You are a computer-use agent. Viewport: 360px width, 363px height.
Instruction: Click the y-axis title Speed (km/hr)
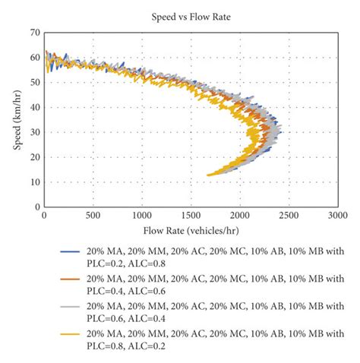click(x=17, y=118)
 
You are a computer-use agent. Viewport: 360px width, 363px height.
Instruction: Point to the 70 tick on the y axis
click(x=34, y=33)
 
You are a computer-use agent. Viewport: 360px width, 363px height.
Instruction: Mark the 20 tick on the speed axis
click(x=34, y=156)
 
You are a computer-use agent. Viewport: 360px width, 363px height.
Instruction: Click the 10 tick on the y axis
click(x=34, y=181)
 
